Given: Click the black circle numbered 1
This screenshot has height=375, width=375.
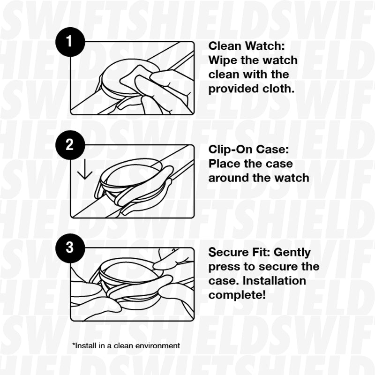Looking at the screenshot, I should click(x=69, y=42).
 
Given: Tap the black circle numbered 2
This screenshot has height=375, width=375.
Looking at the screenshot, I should click(x=69, y=144).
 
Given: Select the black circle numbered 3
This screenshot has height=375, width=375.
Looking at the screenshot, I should click(x=69, y=247).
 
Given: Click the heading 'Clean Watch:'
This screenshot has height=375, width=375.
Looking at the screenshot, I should click(x=247, y=46).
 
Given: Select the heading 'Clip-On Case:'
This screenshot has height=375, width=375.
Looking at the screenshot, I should click(x=250, y=150).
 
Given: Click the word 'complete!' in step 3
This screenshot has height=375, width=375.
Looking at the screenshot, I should click(x=237, y=295).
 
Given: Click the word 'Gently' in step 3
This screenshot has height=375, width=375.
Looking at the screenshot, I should click(x=292, y=253).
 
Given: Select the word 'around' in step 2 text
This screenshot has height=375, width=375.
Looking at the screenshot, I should click(x=230, y=178).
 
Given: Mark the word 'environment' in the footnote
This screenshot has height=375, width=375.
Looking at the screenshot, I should click(x=157, y=345).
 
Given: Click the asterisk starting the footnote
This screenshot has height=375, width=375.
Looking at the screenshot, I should click(x=74, y=345).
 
